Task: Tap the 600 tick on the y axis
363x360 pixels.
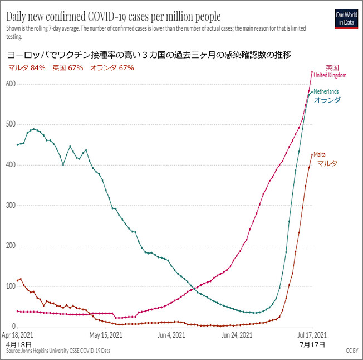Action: click(9, 84)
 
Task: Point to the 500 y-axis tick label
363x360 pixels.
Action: click(9, 124)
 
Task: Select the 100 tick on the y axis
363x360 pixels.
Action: click(9, 286)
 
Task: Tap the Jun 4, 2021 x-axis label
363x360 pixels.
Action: click(171, 335)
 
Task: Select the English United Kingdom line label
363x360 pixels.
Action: click(330, 75)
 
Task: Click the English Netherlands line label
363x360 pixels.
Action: click(326, 91)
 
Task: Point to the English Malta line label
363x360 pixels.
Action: click(320, 154)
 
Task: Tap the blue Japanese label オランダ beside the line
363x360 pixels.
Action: click(327, 100)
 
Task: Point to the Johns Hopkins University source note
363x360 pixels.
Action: click(58, 351)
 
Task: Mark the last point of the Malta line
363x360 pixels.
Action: click(312, 154)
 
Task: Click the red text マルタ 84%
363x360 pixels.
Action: click(27, 68)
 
